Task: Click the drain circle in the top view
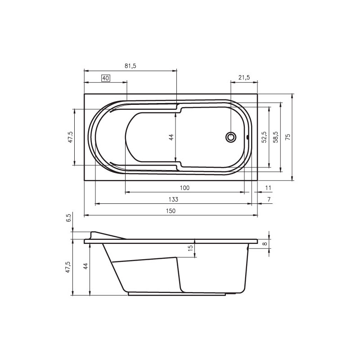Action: click(231, 137)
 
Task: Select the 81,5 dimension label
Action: click(130, 66)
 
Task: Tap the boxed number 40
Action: click(106, 78)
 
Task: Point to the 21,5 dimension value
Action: click(244, 77)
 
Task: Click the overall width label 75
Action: click(288, 137)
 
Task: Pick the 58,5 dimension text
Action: click(275, 137)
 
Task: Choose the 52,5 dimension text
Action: click(264, 137)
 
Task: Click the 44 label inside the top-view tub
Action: click(171, 137)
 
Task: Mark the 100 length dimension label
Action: click(184, 188)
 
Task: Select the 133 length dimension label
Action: click(173, 199)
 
